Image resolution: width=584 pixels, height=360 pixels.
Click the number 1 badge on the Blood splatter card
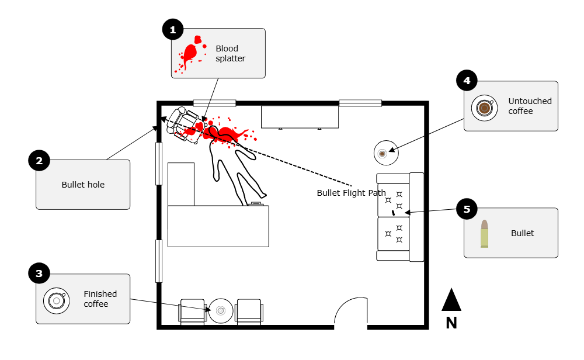172,30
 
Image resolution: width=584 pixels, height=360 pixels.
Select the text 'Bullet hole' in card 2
83,185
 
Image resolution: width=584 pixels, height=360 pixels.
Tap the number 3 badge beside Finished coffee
39,274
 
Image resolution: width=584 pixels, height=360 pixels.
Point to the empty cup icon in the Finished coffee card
56,300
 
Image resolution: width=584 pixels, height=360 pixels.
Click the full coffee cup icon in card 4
484,108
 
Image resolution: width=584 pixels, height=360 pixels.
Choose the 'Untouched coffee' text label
529,106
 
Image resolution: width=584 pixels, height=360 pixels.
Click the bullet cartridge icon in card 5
484,234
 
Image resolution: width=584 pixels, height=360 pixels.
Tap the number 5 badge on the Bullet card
467,209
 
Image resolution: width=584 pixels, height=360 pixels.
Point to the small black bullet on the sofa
394,213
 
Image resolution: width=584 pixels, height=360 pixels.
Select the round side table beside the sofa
385,153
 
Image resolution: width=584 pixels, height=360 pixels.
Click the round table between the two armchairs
221,311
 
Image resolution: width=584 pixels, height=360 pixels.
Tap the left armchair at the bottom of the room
192,312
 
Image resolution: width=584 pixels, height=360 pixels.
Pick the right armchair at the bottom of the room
249,312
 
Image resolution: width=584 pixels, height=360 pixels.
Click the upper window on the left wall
159,164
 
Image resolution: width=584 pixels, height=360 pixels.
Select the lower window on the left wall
159,261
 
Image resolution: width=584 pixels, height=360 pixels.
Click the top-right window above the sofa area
360,103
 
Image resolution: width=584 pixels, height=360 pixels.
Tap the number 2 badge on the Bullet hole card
39,161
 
